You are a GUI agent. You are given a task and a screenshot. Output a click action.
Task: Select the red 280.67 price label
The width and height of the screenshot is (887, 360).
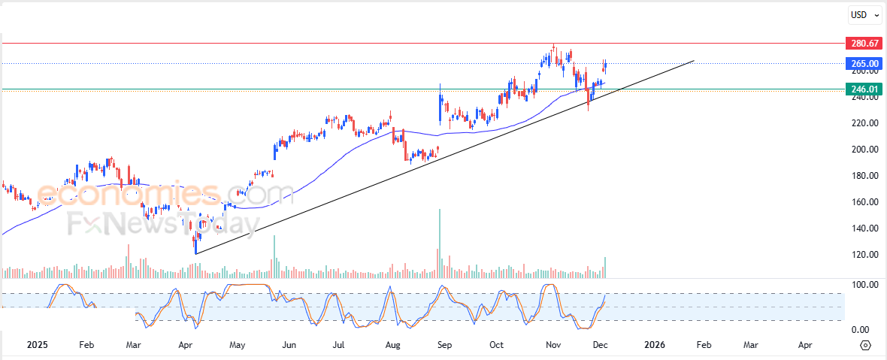(x=863, y=44)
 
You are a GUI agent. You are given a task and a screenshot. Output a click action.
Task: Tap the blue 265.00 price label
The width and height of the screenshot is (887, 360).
(x=863, y=64)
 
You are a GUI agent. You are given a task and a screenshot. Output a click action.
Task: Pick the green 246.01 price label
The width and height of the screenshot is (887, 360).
(x=863, y=89)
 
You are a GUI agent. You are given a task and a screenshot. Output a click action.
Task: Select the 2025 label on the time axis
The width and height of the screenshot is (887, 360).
(x=38, y=345)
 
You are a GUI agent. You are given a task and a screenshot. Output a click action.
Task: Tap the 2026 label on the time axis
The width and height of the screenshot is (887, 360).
(x=655, y=345)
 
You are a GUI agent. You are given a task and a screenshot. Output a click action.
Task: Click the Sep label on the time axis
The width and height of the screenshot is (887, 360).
(x=445, y=345)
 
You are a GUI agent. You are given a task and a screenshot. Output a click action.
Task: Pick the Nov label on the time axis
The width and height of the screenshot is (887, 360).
(x=553, y=345)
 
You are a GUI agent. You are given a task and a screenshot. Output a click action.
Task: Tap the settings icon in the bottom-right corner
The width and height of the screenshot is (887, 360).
(x=865, y=345)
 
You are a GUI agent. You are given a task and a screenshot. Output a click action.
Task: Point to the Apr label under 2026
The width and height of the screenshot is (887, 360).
(x=805, y=345)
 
